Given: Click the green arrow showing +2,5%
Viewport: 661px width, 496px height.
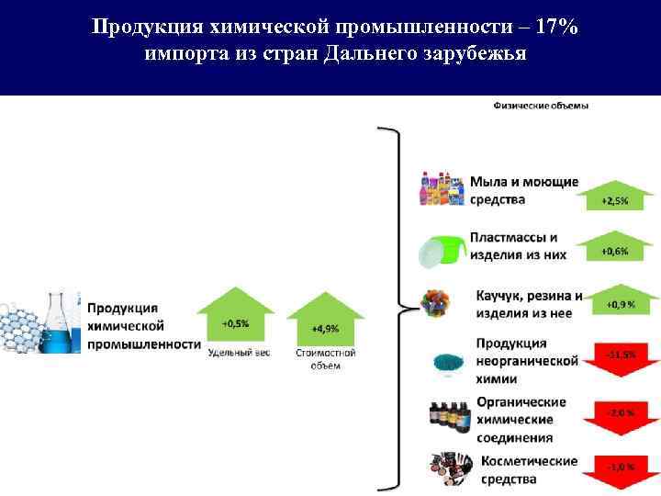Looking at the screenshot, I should [615, 197].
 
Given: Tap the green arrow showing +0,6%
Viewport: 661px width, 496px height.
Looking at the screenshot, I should [615, 247].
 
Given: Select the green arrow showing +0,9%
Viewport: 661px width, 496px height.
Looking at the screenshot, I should [615, 300].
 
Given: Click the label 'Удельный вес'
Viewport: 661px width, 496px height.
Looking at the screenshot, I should [239, 353].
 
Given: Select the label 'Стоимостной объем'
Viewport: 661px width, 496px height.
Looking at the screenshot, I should [326, 359].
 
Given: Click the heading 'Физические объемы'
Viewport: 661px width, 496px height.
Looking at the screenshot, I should [541, 106].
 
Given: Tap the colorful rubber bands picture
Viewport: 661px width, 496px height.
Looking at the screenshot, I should [433, 301].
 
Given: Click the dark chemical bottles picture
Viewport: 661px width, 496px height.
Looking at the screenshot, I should [450, 415].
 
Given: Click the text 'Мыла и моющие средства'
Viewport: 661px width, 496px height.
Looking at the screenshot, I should [524, 190].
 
